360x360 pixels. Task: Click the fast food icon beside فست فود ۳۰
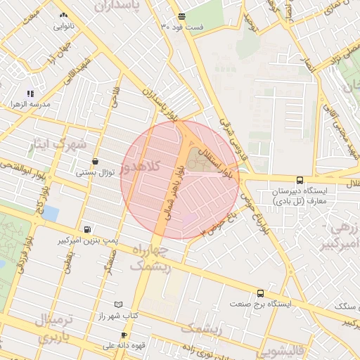tap(182, 16)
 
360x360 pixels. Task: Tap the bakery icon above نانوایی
tap(64, 15)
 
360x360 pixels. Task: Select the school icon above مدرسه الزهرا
tap(30, 93)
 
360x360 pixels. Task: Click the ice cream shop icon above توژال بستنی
tap(95, 161)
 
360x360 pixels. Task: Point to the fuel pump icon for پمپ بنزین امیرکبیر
tap(86, 229)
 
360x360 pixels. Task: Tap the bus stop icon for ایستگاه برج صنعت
tap(261, 293)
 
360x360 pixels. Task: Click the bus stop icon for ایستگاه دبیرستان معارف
tap(300, 180)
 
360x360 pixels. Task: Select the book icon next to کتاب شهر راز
tap(118, 304)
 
